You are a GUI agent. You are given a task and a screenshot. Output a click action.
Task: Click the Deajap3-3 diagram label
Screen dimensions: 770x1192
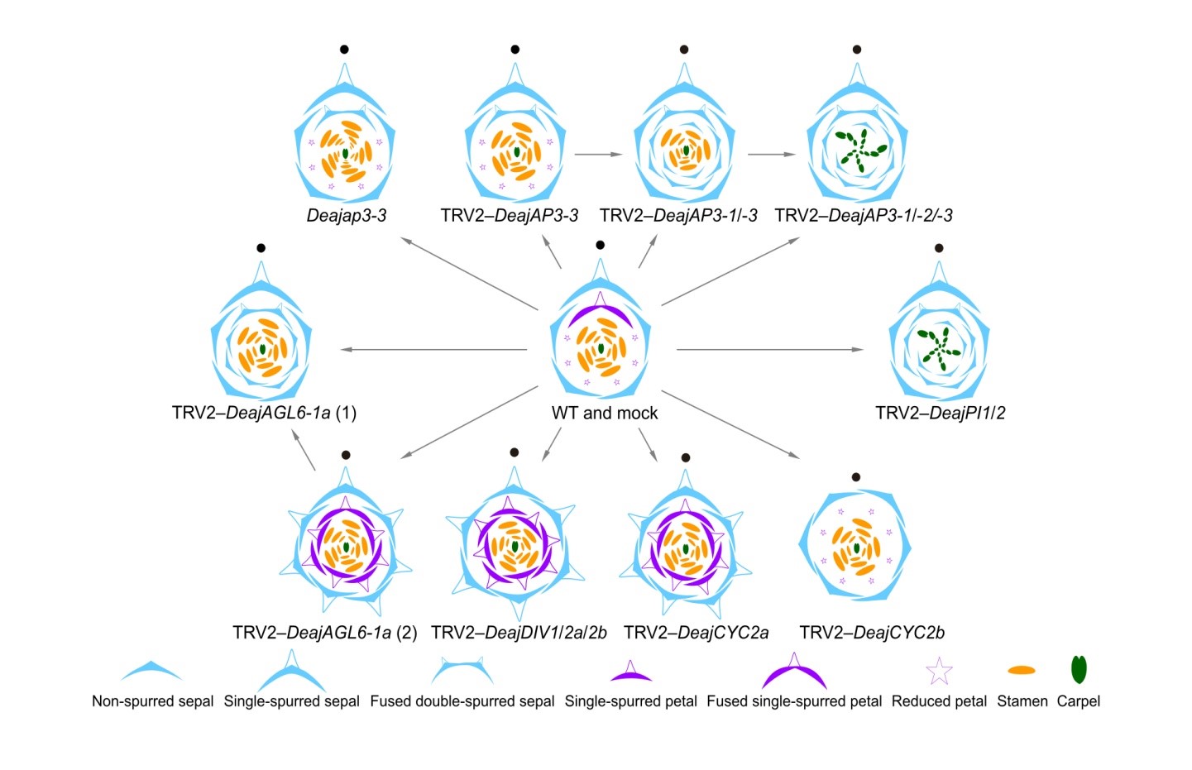point(347,216)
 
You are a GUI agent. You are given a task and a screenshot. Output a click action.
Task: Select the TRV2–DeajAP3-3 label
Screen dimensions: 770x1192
point(510,216)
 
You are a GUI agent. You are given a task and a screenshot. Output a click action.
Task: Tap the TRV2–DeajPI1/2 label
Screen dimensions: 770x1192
point(941,413)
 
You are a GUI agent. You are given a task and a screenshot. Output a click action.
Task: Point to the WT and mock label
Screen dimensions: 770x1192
point(605,413)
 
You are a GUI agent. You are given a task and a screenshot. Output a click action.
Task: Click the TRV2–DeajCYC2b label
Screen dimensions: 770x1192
point(872,633)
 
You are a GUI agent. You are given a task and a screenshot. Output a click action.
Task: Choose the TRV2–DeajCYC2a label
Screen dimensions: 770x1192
point(696,633)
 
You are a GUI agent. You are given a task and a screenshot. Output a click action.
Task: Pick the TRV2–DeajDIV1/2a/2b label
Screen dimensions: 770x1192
point(519,633)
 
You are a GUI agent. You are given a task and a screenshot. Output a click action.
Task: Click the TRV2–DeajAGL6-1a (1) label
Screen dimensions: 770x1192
point(264,413)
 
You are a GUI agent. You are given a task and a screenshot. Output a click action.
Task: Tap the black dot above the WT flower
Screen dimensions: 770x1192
point(601,245)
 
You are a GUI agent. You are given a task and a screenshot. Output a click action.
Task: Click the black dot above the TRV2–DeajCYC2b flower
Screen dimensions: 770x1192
point(856,477)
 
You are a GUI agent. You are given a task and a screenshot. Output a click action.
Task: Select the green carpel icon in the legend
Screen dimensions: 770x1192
point(1079,669)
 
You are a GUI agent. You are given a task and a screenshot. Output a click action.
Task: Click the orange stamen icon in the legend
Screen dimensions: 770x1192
point(1022,670)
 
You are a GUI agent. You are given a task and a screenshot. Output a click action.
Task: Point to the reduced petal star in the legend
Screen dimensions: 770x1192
point(939,672)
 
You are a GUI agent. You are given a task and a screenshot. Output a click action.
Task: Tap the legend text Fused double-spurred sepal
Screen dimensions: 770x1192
point(462,701)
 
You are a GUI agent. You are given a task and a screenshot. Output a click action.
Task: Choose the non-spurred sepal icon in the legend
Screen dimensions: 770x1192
point(151,670)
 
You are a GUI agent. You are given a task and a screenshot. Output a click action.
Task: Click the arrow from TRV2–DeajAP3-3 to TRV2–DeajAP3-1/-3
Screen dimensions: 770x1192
point(599,154)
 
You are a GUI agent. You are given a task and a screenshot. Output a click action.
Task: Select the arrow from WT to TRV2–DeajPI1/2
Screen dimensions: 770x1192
point(769,350)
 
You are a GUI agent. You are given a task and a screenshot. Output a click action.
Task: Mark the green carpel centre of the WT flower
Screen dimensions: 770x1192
point(601,349)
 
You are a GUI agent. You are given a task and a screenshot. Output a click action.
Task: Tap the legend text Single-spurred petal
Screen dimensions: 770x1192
point(630,701)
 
